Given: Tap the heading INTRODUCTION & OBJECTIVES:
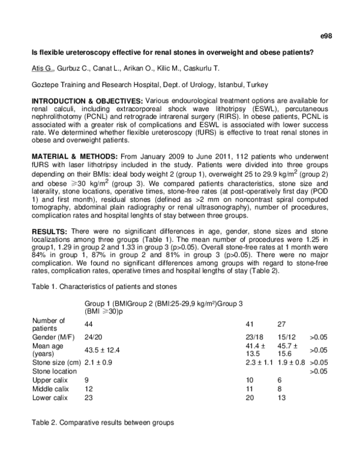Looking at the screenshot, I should coord(87,100).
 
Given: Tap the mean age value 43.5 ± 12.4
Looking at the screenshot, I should coord(103,349).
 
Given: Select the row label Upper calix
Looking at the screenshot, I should coord(50,380).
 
